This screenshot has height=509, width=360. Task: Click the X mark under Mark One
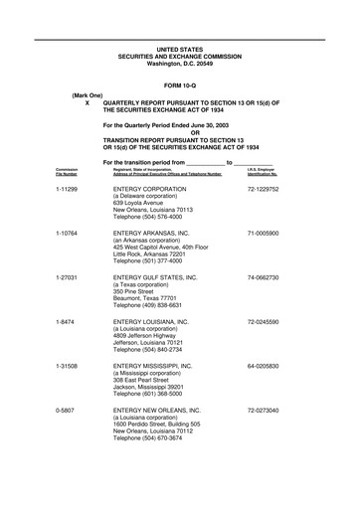[88, 103]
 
